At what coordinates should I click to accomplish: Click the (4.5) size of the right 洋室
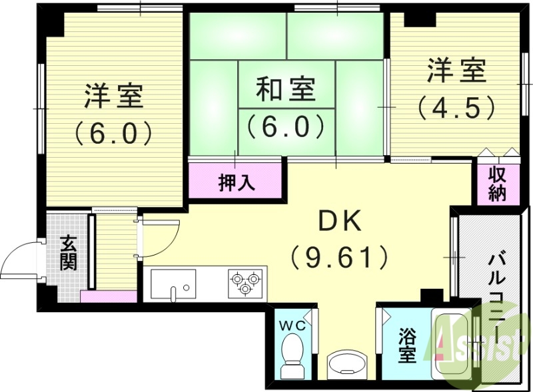coord(456,107)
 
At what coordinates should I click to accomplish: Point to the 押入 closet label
coord(237,182)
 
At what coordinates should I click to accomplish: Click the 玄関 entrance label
coord(68,253)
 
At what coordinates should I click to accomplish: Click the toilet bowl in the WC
coord(291,353)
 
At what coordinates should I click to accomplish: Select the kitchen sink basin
coord(173,284)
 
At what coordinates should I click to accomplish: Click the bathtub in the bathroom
coord(456,346)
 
